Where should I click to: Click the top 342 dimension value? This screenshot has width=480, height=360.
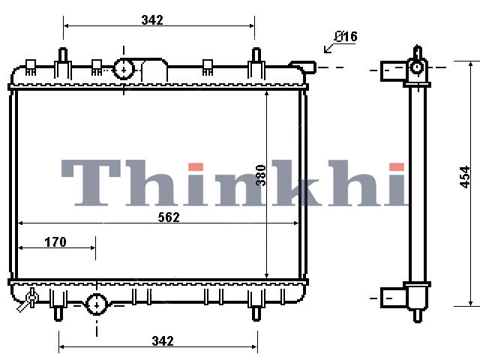152,20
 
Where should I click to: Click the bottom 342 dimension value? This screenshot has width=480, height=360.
163,340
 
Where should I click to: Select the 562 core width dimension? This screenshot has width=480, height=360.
169,217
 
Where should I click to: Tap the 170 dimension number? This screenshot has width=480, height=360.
55,241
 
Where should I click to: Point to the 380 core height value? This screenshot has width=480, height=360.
261,175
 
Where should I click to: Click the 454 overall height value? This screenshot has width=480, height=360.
465,177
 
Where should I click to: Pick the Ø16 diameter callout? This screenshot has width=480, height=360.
346,37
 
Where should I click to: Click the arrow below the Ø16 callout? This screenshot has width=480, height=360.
329,48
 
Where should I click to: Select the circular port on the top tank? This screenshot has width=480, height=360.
124,70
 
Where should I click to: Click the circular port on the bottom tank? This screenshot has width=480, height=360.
97,305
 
